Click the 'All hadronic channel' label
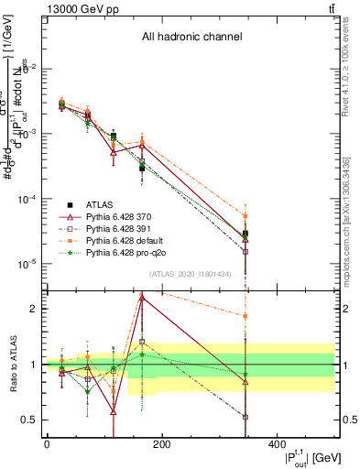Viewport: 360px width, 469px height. coord(191,38)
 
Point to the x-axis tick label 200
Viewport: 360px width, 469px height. coord(161,444)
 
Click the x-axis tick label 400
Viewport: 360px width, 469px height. coord(276,444)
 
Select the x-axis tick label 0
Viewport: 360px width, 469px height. coord(47,444)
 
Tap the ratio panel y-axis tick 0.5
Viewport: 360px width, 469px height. coord(32,420)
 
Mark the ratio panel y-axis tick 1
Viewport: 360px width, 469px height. coord(35,365)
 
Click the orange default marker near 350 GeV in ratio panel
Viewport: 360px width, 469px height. coord(245,316)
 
